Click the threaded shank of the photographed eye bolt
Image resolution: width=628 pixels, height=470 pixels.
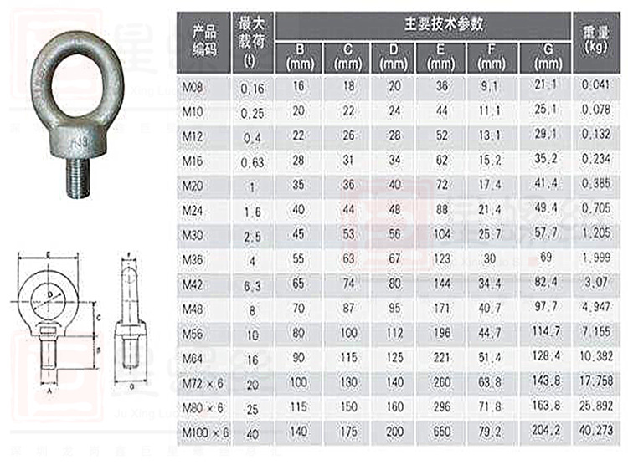(77, 171)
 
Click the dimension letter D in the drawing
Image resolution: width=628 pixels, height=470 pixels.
(51, 295)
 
